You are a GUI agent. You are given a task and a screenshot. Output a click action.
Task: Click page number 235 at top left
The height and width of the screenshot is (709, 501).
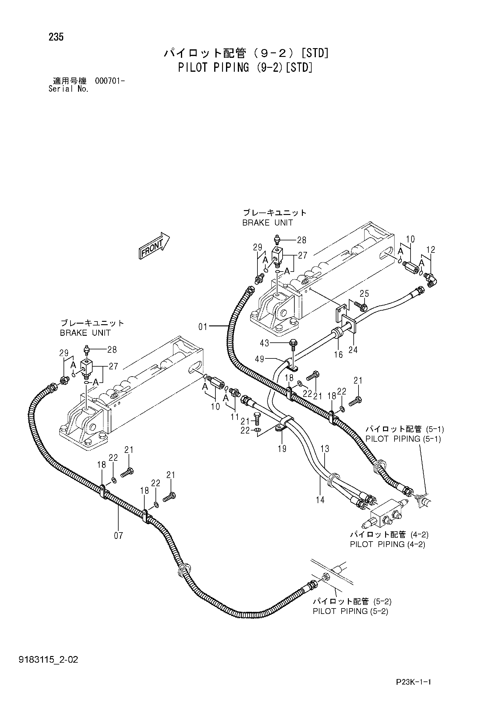[x=56, y=37]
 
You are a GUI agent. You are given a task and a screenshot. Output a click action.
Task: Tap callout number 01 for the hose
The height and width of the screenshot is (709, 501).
[x=203, y=326]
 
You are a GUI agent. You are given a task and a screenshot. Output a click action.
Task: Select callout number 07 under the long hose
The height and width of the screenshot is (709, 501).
[x=119, y=536]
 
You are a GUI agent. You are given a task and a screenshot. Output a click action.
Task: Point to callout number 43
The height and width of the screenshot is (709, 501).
[x=264, y=343]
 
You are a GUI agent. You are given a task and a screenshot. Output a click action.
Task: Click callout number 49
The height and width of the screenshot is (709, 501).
[x=260, y=358]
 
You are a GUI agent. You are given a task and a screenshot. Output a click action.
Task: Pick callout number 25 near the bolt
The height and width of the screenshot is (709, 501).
[x=364, y=293]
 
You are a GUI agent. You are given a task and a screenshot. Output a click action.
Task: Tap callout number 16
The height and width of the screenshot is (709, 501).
[x=338, y=354]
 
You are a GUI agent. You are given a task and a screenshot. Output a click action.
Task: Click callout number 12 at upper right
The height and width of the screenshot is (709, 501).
[x=431, y=249]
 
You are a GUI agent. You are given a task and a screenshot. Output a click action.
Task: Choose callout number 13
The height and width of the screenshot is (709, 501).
[x=325, y=449]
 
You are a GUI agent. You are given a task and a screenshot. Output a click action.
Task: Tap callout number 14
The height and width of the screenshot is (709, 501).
[x=320, y=500]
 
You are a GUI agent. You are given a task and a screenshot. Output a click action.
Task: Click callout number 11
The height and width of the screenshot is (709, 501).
[x=235, y=417]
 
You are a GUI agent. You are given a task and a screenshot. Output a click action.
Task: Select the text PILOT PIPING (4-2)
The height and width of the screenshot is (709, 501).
[x=388, y=544]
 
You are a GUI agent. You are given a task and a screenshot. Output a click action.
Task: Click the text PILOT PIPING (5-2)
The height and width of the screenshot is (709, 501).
[x=350, y=611]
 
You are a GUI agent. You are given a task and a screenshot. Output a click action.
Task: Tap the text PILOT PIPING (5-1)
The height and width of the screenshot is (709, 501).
[x=403, y=439]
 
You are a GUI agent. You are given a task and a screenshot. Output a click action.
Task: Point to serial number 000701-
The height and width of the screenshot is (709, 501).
[x=110, y=81]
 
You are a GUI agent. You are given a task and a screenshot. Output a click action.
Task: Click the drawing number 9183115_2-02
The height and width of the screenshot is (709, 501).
[x=48, y=660]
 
